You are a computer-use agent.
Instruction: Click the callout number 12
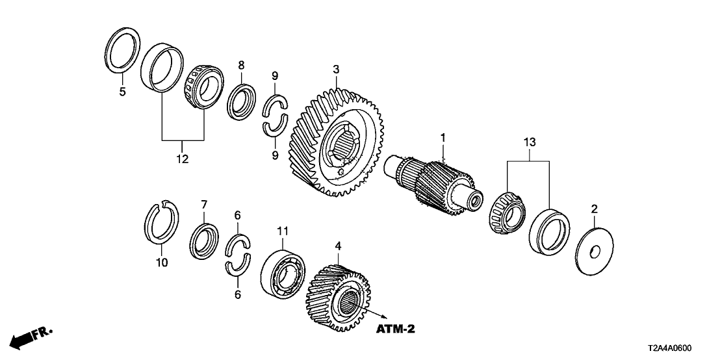182,159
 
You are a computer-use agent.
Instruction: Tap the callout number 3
336,68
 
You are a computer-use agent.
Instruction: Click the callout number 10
162,263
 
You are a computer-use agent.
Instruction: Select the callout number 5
122,92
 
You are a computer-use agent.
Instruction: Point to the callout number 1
443,137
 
